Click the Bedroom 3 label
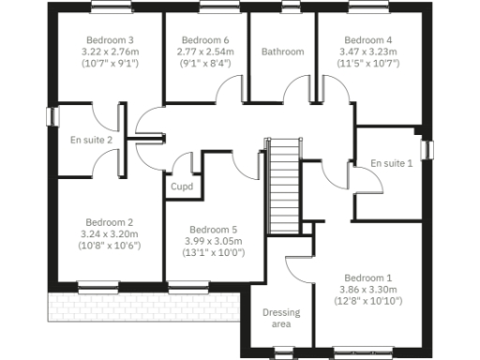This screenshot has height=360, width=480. click(111, 40)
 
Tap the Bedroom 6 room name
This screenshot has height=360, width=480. click(205, 40)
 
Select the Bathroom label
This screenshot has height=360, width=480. click(282, 52)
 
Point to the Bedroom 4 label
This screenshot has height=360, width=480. click(367, 40)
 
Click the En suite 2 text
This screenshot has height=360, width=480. click(91, 141)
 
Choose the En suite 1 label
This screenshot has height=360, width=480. click(391, 163)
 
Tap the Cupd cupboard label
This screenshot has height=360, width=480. click(181, 187)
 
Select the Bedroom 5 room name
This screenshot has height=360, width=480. click(213, 230)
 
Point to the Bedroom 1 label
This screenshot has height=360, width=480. click(367, 278)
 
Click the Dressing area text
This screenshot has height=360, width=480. click(281, 319)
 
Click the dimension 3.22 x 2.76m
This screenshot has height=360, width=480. click(111, 52)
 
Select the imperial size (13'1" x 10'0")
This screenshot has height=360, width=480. click(213, 253)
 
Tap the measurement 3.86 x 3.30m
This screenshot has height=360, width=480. click(367, 290)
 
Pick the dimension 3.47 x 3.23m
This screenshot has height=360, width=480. click(367, 52)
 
